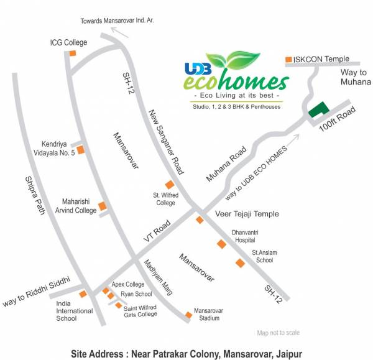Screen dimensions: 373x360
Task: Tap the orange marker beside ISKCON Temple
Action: click(288, 60)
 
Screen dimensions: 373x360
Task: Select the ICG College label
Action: click(68, 42)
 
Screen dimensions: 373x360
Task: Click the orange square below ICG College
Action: click(73, 53)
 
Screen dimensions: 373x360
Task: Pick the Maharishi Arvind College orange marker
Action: click(103, 206)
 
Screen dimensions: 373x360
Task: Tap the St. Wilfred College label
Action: click(165, 198)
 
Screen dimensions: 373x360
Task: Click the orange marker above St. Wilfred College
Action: click(169, 184)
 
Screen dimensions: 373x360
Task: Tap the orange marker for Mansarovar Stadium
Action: click(188, 315)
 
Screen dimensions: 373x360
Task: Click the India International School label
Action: click(74, 311)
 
